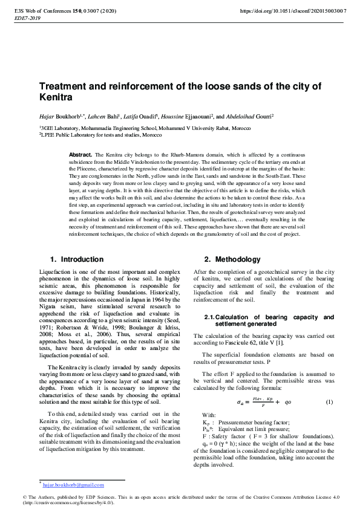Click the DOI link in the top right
[x=293, y=11]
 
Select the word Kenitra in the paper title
[x=56, y=97]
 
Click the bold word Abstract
[x=81, y=155]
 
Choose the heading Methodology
[x=238, y=259]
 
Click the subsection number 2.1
[x=209, y=317]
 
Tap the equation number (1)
[x=329, y=402]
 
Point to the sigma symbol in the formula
[x=239, y=403]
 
